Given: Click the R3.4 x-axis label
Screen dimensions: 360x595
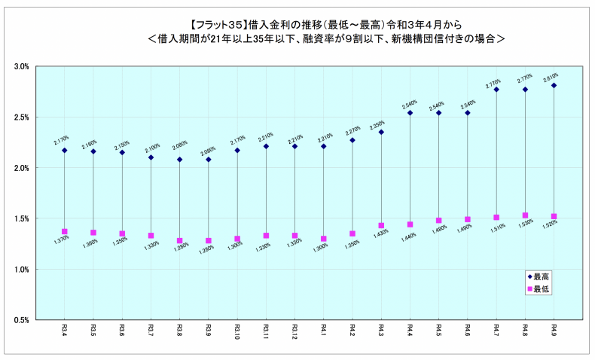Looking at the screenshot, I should pos(65,331).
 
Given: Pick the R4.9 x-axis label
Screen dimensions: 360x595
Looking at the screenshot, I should pos(554,331).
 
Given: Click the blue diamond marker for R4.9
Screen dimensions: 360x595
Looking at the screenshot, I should pos(554,86).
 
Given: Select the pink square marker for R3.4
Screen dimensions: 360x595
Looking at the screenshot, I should pos(65,232).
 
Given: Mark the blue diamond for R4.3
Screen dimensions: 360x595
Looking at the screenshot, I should pos(381,133).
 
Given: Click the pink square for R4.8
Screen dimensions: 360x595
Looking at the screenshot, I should pos(525,215).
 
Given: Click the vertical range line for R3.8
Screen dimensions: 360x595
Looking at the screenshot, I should pos(180,188).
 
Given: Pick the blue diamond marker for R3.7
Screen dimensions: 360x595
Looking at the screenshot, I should pos(151,157).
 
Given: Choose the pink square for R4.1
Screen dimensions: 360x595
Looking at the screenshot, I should pos(324,239).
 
